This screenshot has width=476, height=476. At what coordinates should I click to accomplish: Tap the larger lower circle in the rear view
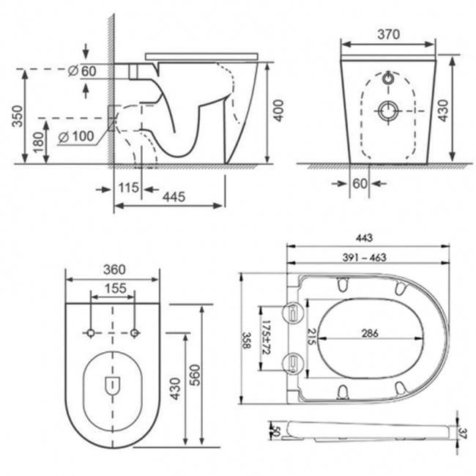pos(387,111)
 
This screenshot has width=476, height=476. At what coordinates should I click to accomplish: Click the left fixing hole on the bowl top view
pos(91,333)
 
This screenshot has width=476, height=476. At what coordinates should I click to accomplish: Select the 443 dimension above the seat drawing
pos(366,237)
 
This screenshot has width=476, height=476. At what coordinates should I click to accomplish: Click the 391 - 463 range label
pos(366,257)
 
